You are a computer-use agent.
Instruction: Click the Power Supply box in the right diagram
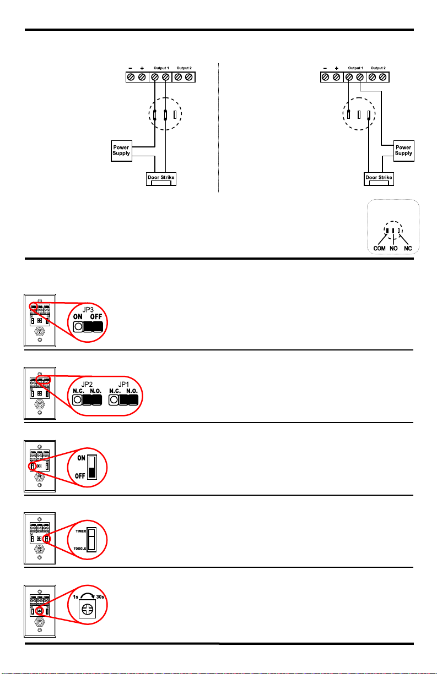403,150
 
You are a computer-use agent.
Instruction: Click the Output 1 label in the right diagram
355,68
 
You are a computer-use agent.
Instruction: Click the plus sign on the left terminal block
142,68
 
